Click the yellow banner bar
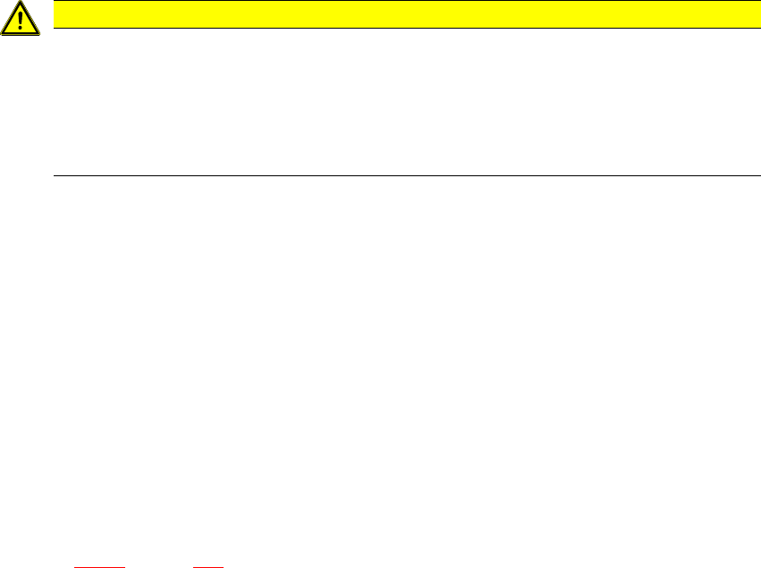(x=402, y=13)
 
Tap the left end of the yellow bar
(x=55, y=13)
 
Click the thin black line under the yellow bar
(x=402, y=28)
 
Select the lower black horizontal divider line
(x=402, y=175)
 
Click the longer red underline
(x=99, y=566)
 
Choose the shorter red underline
(x=208, y=566)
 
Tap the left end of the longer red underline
(x=75, y=566)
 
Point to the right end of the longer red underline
(x=124, y=566)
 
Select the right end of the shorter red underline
(x=222, y=566)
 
